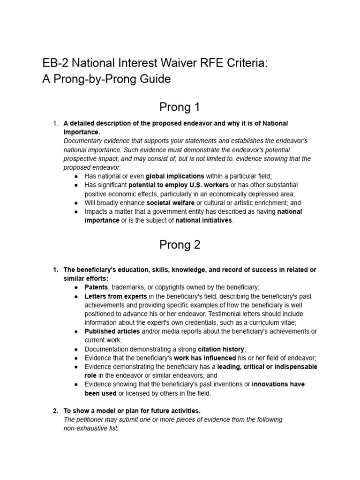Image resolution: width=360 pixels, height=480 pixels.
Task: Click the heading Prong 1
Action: coord(180,107)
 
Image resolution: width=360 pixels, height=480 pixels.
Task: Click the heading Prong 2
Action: coord(180,245)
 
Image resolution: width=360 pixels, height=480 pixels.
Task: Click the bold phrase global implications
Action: coord(175,176)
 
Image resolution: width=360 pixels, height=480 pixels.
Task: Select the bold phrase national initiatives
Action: coord(203,221)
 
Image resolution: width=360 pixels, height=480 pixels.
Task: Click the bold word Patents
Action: coord(96,287)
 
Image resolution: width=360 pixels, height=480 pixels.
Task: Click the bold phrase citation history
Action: coord(221,349)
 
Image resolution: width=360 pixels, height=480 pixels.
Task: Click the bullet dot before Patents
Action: coord(76,287)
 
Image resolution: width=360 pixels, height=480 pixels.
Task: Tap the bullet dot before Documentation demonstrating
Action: coord(76,349)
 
